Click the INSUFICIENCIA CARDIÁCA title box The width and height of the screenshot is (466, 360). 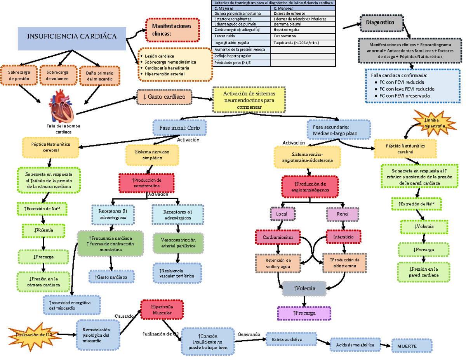click(x=72, y=37)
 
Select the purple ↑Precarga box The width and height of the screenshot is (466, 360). click(x=304, y=313)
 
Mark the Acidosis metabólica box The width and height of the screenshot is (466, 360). click(x=355, y=344)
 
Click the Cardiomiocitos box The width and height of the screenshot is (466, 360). click(x=278, y=237)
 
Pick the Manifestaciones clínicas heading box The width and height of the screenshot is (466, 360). click(x=172, y=30)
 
